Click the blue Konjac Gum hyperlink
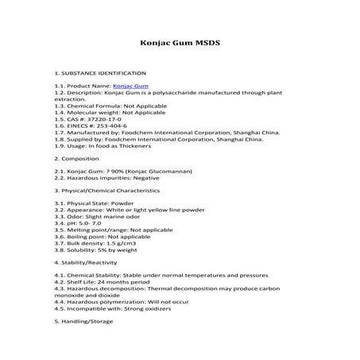(130, 83)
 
